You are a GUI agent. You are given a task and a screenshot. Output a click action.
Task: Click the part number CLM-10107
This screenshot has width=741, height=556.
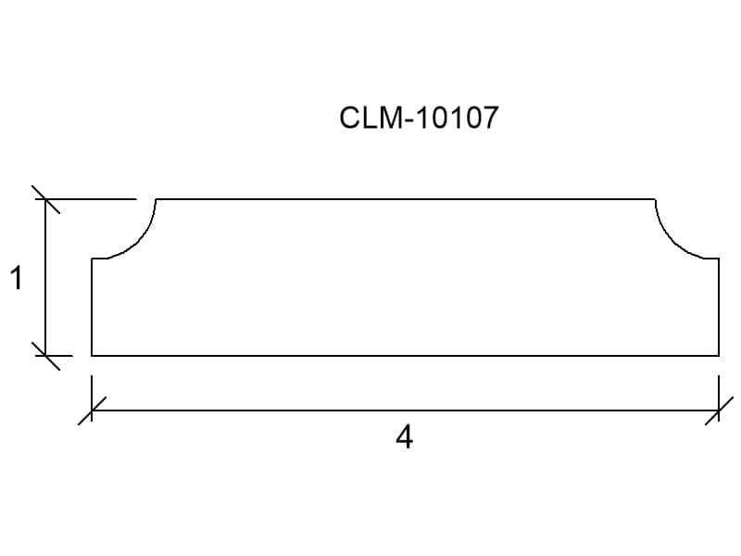click(x=420, y=118)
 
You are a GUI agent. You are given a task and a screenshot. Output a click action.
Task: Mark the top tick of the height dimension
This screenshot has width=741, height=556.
click(x=45, y=199)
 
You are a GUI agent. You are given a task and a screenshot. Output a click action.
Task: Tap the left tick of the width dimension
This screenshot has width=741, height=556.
click(x=92, y=410)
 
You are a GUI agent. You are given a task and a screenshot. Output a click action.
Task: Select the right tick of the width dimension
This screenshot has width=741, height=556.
click(x=719, y=410)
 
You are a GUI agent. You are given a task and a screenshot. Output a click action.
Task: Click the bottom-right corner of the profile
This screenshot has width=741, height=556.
click(x=719, y=355)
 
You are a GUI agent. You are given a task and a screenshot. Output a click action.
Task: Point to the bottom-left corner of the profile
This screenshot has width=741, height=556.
click(x=92, y=355)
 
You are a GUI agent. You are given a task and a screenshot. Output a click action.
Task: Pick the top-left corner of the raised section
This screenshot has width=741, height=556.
click(x=156, y=199)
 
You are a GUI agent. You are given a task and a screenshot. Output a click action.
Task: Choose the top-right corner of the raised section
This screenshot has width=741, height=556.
click(x=655, y=199)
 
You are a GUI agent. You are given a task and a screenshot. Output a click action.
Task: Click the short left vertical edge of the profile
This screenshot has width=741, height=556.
click(x=92, y=306)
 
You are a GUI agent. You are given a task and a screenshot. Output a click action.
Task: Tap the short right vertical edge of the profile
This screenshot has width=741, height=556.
click(x=719, y=306)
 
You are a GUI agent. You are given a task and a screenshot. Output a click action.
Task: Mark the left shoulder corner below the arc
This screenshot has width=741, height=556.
click(x=93, y=259)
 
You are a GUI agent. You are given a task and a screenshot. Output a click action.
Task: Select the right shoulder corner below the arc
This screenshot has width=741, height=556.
click(x=719, y=259)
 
